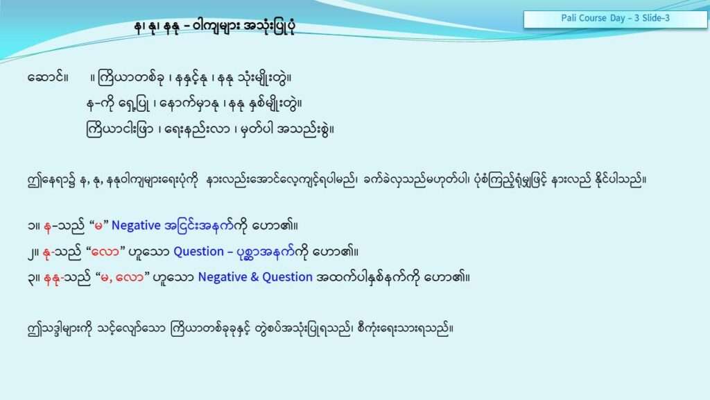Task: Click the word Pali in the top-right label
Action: coord(568,18)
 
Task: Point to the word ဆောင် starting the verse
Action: coord(48,78)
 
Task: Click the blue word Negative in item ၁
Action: coord(136,226)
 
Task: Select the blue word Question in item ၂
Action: coord(198,251)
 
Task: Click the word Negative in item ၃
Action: coord(222,277)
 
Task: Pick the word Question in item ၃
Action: coord(287,277)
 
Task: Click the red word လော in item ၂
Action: coord(105,251)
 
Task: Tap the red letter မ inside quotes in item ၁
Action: coord(98,226)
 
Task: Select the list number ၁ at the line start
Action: coord(31,226)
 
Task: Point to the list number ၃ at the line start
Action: coord(31,278)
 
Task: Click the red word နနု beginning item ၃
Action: coord(51,278)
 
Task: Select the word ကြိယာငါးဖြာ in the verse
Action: coord(119,129)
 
